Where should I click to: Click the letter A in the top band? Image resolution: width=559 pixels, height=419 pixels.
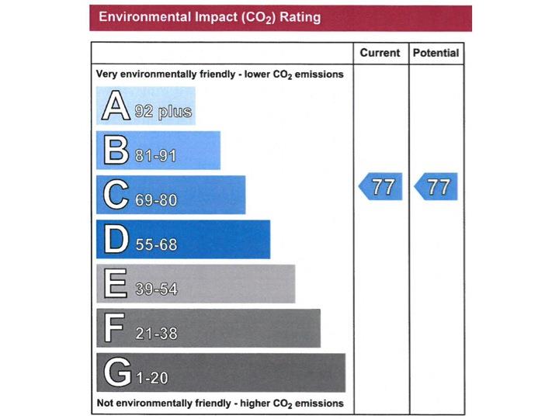[x=115, y=106]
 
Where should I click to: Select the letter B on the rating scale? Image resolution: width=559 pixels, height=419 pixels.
[x=115, y=151]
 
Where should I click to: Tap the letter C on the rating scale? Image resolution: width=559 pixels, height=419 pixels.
[x=116, y=195]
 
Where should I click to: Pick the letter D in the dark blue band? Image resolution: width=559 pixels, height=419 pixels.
[x=116, y=240]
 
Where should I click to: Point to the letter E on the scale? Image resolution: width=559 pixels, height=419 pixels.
[x=115, y=284]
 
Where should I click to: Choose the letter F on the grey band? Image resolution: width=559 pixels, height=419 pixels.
[x=114, y=328]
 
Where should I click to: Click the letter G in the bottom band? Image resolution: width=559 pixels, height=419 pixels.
[x=116, y=373]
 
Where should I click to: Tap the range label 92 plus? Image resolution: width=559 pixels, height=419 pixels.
[x=162, y=112]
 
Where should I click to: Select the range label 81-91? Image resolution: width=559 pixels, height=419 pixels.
[x=155, y=156]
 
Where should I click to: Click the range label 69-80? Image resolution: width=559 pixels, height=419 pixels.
[x=156, y=200]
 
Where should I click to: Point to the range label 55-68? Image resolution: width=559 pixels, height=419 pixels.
[x=156, y=245]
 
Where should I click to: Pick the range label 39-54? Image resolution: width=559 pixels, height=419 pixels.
[x=156, y=289]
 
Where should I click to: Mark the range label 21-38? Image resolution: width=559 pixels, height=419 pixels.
[x=156, y=334]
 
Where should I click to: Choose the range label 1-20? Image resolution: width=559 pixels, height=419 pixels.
[x=151, y=379]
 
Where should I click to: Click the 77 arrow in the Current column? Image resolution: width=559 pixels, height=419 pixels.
[x=381, y=187]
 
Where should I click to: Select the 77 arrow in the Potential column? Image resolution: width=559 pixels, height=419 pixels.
[x=436, y=187]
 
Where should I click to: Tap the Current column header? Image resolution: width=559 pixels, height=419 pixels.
[x=380, y=54]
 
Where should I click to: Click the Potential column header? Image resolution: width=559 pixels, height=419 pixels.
[x=436, y=54]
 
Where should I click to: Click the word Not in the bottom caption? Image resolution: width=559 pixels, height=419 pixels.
[x=106, y=403]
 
